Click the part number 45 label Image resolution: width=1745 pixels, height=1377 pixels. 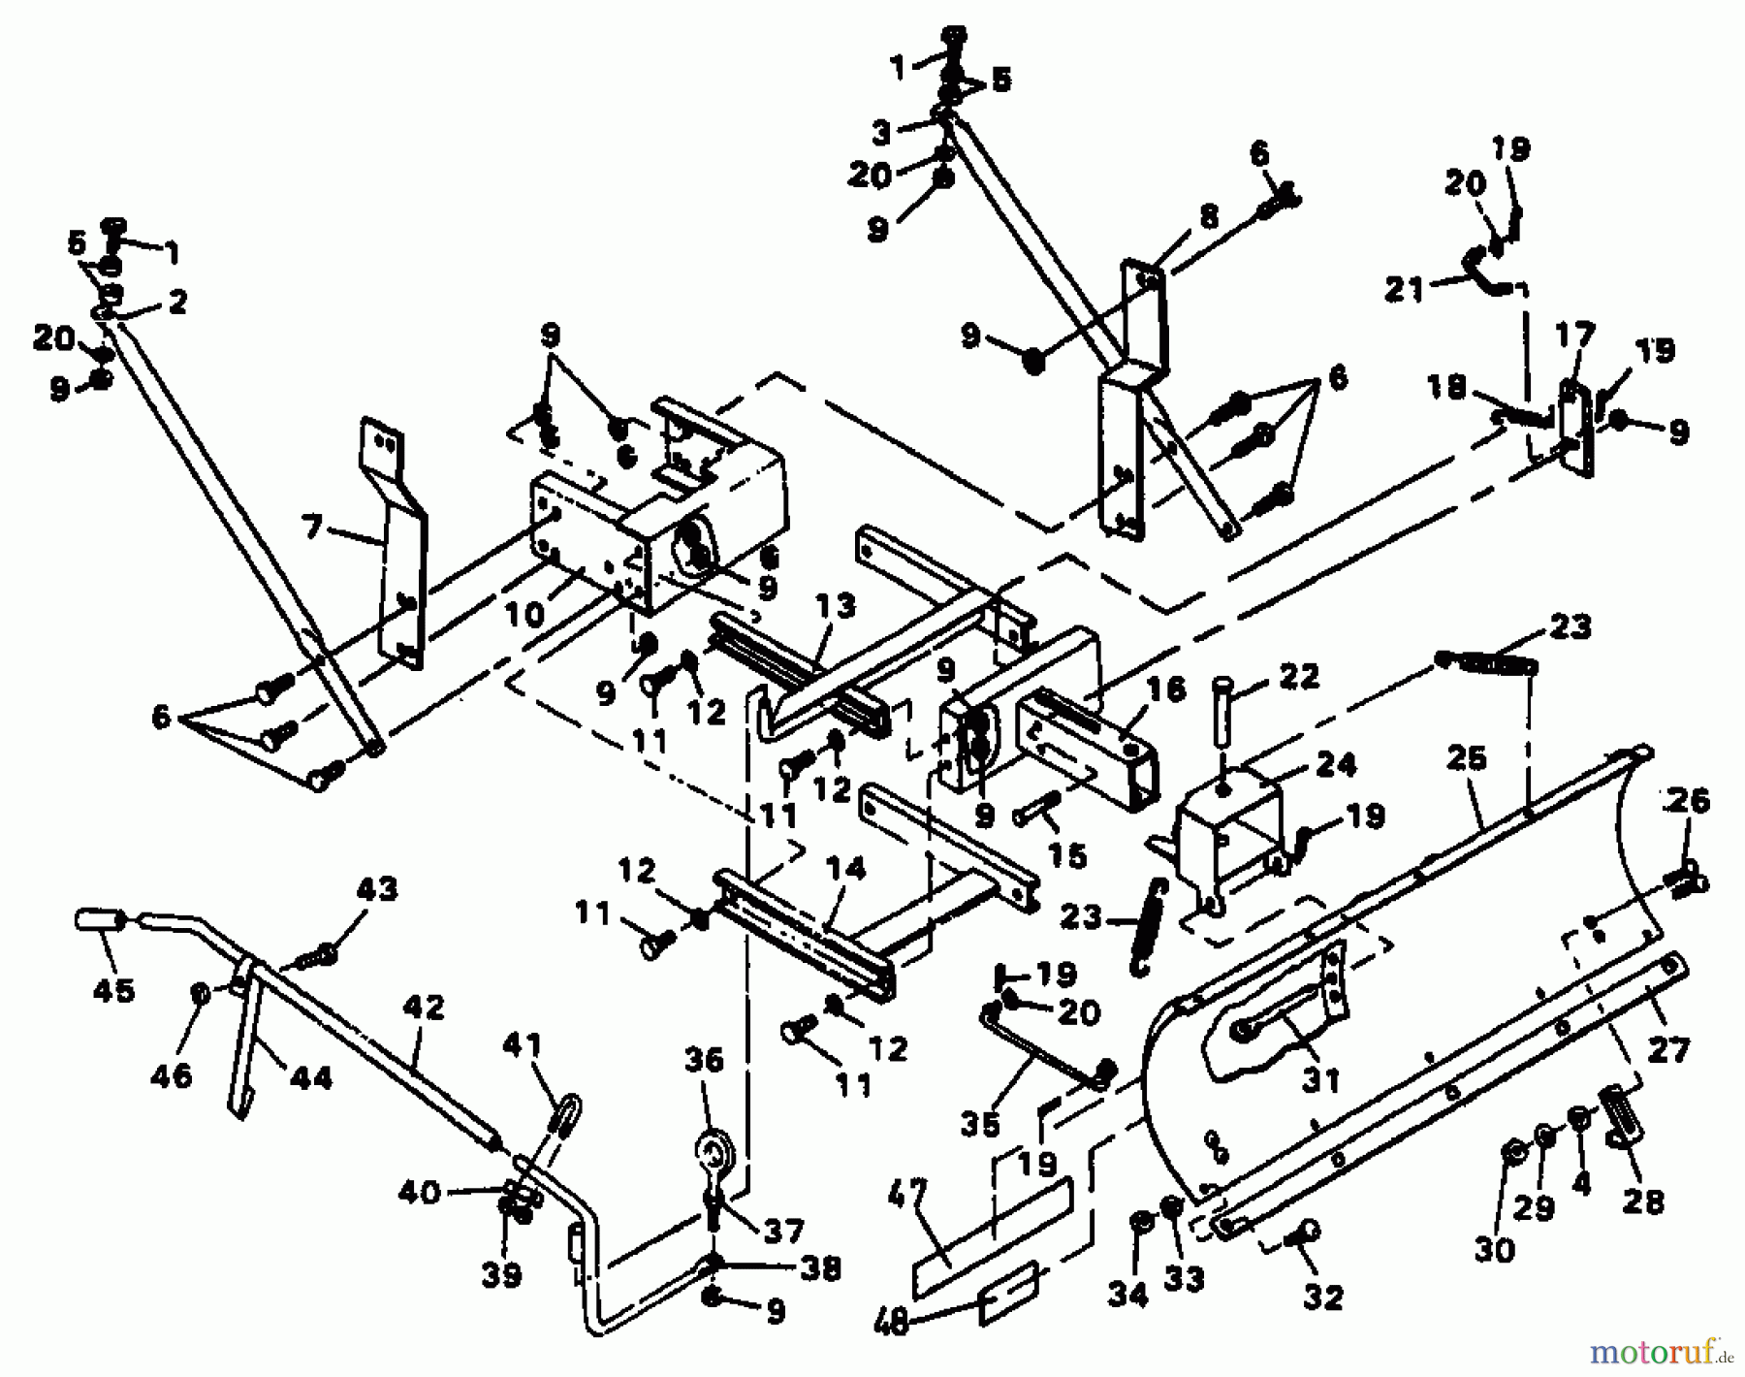click(112, 990)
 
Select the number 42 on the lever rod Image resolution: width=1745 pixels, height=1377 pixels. click(423, 1008)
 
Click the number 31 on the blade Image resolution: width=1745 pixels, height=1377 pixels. click(1319, 1077)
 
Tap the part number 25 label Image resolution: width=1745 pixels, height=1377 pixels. click(1465, 757)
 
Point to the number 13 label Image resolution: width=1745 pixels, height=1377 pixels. click(835, 609)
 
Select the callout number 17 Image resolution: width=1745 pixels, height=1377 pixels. click(1574, 336)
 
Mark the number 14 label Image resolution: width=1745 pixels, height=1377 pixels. click(845, 869)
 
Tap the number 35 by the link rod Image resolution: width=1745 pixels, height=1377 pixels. click(979, 1125)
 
